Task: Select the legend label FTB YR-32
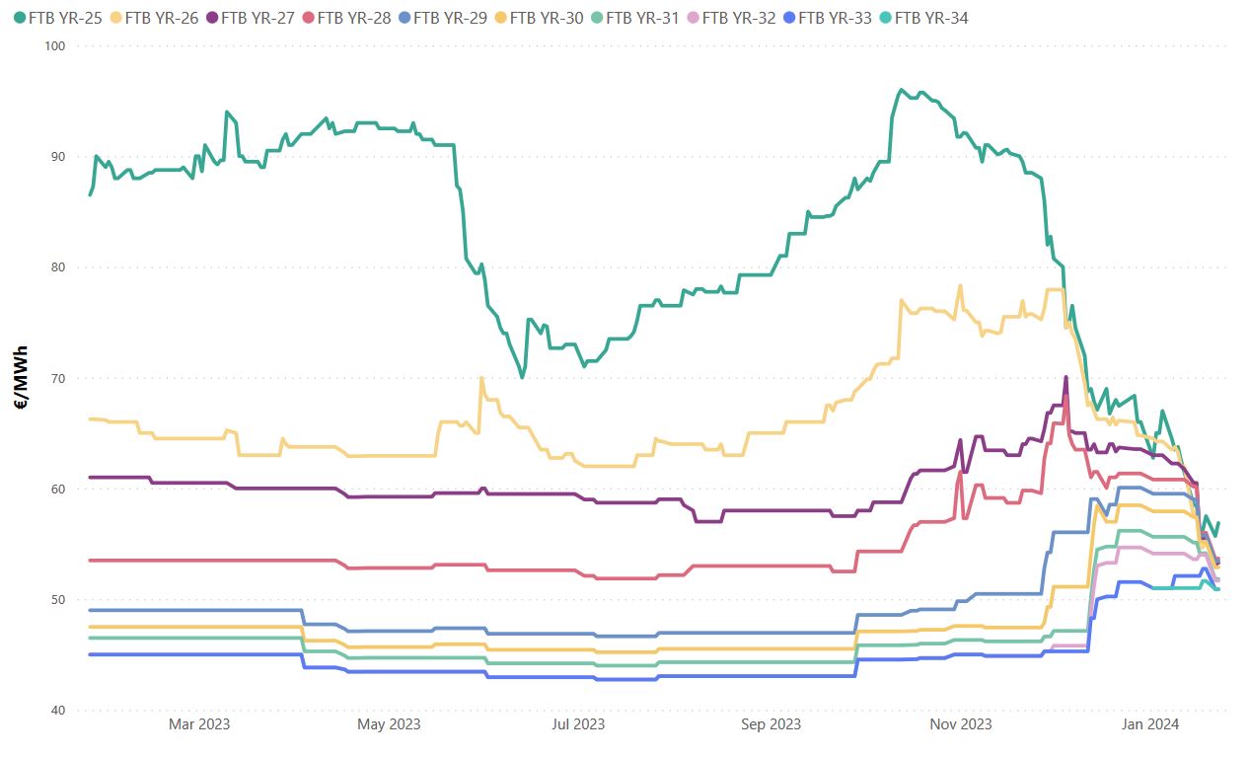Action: (x=738, y=17)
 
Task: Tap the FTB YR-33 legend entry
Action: (x=834, y=17)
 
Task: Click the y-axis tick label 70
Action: (x=57, y=379)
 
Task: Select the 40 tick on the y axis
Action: (x=57, y=712)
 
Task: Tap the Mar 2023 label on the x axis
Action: (x=199, y=725)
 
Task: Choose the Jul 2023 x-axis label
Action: (x=578, y=725)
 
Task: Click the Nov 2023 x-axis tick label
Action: (x=962, y=725)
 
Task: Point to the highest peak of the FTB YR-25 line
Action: (x=901, y=90)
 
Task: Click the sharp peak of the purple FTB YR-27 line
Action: (x=1066, y=377)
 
